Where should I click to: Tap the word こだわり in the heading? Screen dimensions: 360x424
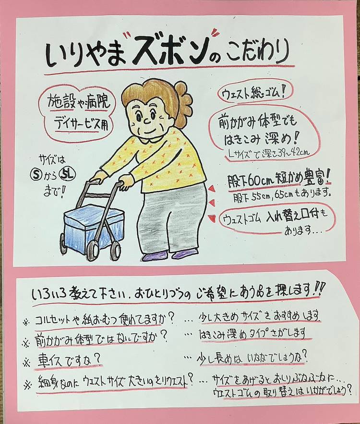point(258,53)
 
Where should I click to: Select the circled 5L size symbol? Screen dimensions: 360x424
point(68,174)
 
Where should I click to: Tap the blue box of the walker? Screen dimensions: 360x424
point(86,225)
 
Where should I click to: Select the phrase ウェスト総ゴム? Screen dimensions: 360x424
point(252,93)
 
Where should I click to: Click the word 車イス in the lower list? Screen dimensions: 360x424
point(51,360)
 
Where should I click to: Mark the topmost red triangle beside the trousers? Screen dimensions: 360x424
point(212,189)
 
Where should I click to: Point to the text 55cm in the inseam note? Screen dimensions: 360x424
point(261,195)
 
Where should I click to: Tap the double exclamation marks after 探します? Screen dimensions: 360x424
point(321,290)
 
